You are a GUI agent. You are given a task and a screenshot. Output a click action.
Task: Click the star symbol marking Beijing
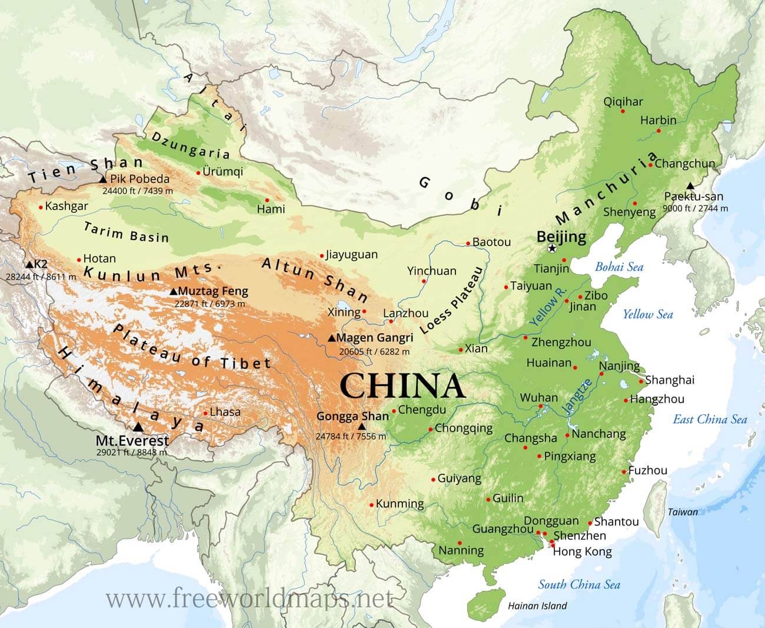(x=552, y=248)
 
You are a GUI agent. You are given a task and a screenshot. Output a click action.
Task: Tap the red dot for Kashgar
(x=41, y=207)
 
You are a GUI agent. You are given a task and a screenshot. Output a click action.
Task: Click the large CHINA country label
(x=403, y=386)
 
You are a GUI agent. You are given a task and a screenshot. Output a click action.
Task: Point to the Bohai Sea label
(x=619, y=267)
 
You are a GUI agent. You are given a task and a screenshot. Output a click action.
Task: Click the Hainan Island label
(x=537, y=606)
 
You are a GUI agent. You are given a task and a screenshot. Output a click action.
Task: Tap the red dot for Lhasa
(x=205, y=413)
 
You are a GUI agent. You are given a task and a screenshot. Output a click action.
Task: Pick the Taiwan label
(x=683, y=512)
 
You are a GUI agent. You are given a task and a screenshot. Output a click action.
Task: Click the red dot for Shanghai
(x=642, y=381)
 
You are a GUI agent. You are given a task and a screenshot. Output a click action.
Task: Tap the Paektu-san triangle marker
(x=690, y=186)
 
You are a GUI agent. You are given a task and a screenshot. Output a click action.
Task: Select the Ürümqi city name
(x=222, y=172)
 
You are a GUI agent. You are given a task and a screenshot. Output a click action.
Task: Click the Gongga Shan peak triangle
(x=362, y=427)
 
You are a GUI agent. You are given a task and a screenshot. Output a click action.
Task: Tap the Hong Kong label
(x=583, y=551)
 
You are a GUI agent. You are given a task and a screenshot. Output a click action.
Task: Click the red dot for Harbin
(x=658, y=131)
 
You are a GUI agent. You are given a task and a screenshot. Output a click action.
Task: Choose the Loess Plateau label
(x=452, y=300)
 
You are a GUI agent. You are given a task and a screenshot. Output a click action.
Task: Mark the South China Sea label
(x=579, y=584)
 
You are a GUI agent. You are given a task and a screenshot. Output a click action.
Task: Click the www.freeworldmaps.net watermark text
(x=249, y=599)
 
